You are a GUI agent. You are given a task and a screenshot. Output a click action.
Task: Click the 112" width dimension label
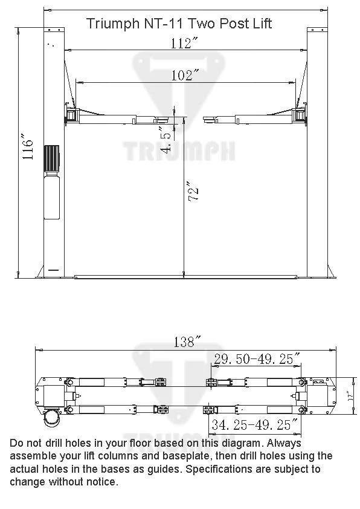pyautogui.click(x=184, y=43)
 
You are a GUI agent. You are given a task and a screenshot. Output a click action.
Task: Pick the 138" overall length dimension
pyautogui.click(x=186, y=342)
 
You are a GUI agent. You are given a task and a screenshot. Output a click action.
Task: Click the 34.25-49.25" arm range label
pyautogui.click(x=254, y=424)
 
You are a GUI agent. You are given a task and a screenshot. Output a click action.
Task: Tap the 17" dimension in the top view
pyautogui.click(x=351, y=397)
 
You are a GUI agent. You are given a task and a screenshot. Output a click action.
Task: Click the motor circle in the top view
pyautogui.click(x=52, y=418)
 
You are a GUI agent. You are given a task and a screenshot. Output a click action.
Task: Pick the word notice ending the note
pyautogui.click(x=101, y=482)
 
